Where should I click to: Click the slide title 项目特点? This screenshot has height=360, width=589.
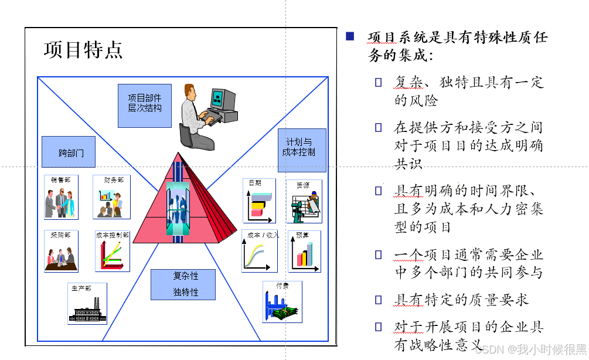tap(83, 50)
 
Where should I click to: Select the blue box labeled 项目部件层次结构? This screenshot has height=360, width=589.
tap(145, 106)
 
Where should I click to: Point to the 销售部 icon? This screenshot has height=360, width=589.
tap(62, 196)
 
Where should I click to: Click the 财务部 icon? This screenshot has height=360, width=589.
tap(111, 197)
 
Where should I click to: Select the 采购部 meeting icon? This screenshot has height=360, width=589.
tap(61, 251)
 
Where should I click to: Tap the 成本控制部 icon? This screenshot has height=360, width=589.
tap(113, 251)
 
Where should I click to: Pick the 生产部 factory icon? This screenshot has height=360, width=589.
tap(87, 304)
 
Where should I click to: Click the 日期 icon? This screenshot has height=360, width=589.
tap(259, 201)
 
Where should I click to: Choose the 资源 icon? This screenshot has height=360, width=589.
tap(304, 201)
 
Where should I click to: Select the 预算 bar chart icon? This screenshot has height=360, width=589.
tap(304, 251)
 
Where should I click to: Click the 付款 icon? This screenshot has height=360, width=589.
tap(282, 302)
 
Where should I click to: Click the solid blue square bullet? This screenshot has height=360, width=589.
tap(350, 36)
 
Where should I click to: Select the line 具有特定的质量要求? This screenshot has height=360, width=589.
tap(461, 300)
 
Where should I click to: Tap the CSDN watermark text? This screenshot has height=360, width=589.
tap(531, 349)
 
